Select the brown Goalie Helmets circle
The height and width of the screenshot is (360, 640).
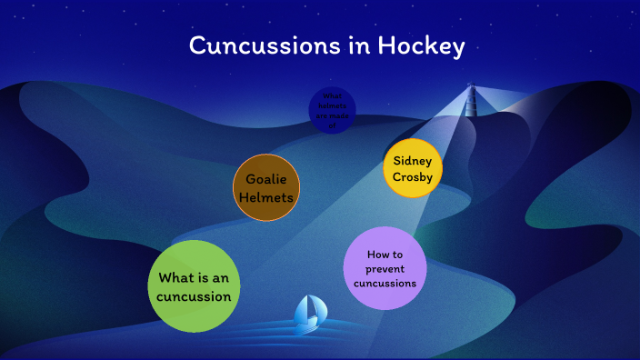[266, 188]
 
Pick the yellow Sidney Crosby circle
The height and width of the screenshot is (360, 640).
[413, 168]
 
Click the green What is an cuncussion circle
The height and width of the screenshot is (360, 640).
[193, 286]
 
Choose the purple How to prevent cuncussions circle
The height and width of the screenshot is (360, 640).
[385, 269]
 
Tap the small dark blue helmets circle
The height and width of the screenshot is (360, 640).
[332, 111]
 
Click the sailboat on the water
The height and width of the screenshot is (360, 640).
[308, 314]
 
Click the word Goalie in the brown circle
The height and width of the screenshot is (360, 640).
[266, 179]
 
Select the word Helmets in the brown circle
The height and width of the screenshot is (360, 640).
[266, 197]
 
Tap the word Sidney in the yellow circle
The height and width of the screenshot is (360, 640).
[413, 160]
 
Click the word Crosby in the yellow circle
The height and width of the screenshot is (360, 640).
[413, 177]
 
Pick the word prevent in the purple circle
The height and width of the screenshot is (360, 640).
[385, 269]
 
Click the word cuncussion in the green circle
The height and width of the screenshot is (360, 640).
[193, 296]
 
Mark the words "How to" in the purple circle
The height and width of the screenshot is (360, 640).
[385, 255]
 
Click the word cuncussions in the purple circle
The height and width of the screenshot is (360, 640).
[385, 283]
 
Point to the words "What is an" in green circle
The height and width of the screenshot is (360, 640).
[193, 277]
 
